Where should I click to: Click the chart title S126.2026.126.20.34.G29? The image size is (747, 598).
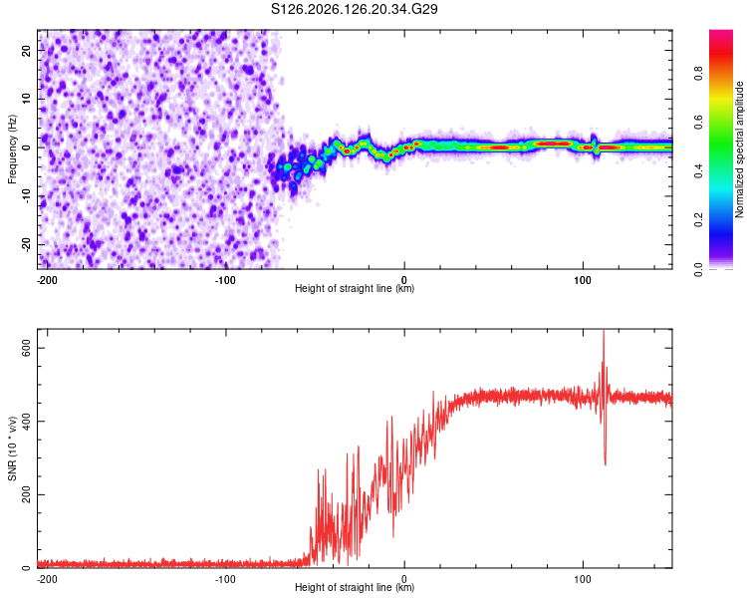click(354, 9)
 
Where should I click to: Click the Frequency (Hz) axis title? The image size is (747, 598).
click(12, 149)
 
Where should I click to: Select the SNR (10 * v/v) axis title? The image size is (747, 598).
click(12, 448)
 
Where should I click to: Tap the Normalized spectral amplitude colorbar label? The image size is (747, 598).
click(739, 149)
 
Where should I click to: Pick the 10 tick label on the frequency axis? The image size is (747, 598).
click(27, 99)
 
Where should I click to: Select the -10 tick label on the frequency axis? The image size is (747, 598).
click(27, 196)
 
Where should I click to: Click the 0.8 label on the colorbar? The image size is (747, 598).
click(698, 74)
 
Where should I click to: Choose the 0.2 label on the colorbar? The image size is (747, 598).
click(698, 220)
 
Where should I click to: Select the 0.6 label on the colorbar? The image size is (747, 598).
click(698, 123)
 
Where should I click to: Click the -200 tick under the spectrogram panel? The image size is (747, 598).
click(46, 280)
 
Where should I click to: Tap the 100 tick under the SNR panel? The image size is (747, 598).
click(583, 579)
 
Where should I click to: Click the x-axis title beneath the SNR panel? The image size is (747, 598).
click(355, 587)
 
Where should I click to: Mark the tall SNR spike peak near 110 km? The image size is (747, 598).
click(604, 331)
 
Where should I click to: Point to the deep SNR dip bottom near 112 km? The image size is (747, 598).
click(606, 464)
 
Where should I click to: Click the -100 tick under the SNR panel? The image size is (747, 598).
click(225, 579)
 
